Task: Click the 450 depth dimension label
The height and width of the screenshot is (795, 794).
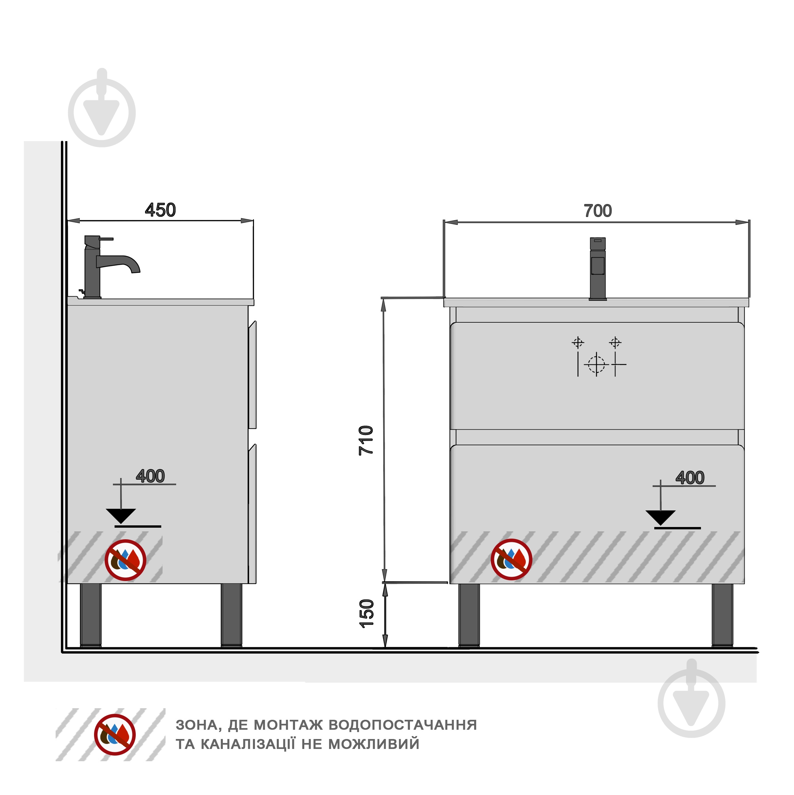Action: (161, 210)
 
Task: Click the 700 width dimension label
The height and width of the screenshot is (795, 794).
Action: (598, 211)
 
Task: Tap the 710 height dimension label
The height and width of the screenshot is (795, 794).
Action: (366, 441)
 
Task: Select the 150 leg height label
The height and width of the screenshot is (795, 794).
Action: (366, 614)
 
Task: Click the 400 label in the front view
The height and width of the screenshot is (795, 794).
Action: (690, 478)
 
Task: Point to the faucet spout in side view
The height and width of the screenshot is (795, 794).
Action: (119, 264)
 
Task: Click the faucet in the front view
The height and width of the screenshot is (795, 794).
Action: (598, 269)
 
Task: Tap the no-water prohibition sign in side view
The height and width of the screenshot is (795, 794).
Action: (125, 560)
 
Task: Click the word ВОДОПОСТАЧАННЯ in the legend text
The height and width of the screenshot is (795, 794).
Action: (403, 725)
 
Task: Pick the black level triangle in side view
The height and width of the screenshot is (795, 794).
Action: (121, 516)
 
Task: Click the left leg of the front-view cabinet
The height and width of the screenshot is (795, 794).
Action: (469, 615)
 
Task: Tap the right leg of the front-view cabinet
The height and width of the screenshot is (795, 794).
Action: (722, 615)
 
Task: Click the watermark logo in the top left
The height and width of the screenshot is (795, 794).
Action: (102, 108)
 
